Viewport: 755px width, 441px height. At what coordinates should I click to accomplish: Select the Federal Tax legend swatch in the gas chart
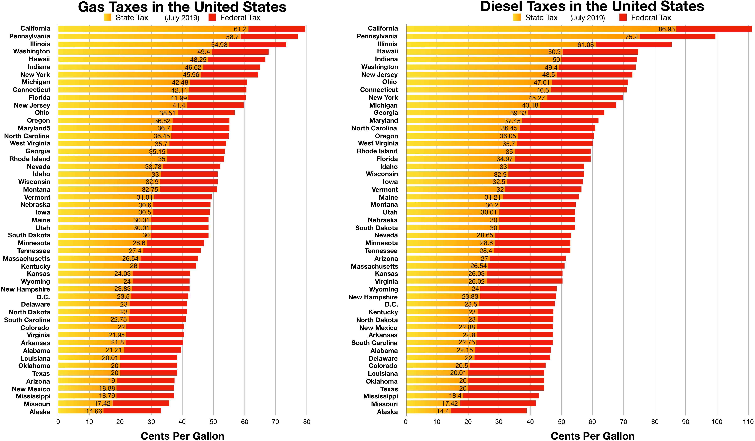(x=212, y=17)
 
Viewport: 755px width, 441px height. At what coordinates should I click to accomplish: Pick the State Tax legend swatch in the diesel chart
(x=517, y=17)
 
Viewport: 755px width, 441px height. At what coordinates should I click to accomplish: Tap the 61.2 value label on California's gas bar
(x=240, y=29)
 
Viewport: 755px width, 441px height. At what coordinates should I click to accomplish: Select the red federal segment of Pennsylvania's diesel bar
(x=677, y=36)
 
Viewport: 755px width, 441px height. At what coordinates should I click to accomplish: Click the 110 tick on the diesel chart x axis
(x=748, y=422)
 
